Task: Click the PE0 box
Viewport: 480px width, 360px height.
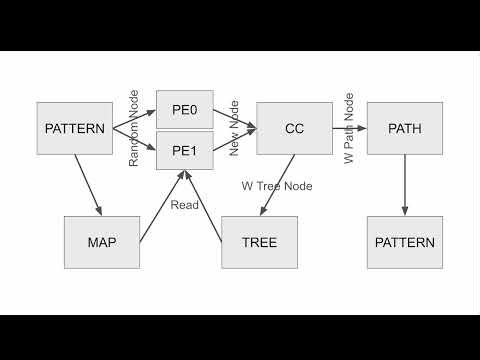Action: [185, 109]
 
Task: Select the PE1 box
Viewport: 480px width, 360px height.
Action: [185, 151]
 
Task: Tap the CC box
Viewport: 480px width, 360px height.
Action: [294, 128]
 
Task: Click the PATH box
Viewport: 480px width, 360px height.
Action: [405, 128]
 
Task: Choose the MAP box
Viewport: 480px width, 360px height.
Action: [102, 242]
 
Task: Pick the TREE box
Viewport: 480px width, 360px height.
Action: [260, 242]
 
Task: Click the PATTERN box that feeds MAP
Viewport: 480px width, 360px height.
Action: [75, 128]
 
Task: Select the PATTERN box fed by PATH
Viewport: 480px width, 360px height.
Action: [405, 242]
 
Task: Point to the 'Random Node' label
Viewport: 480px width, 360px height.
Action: [133, 128]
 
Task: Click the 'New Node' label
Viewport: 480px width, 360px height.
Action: [234, 128]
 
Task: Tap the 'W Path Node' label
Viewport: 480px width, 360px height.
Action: [349, 128]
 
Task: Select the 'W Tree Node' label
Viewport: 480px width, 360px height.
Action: [277, 186]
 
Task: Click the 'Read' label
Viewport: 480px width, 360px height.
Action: [184, 205]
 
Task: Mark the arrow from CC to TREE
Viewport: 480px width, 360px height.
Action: [277, 185]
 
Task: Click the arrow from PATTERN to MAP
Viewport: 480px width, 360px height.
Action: [88, 185]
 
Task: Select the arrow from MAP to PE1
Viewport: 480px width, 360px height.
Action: [162, 206]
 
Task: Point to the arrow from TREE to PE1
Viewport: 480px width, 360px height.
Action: [203, 206]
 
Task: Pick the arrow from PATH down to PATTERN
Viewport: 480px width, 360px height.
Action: [405, 185]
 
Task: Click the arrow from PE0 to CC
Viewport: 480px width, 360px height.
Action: [235, 119]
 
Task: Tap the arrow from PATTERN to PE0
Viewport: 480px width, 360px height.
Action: [135, 119]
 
